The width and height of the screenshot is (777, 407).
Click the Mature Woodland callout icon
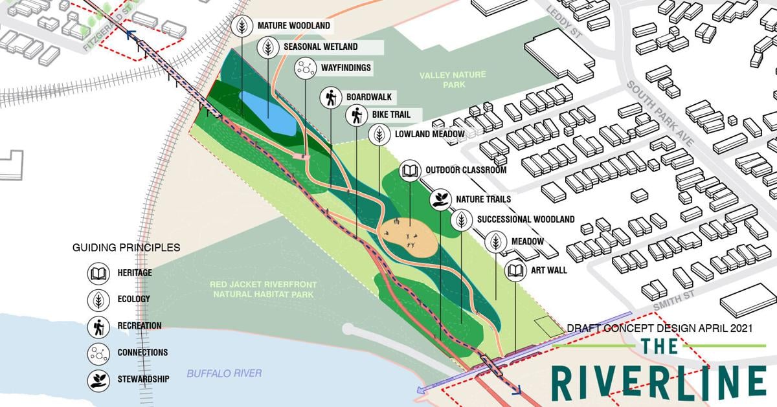click(242, 27)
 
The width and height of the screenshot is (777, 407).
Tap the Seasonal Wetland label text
click(320, 47)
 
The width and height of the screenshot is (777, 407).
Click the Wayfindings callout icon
click(305, 67)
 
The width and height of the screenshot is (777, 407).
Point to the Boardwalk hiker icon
click(331, 98)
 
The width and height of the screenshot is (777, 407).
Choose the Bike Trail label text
click(391, 115)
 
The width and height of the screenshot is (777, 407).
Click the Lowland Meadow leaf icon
click(379, 135)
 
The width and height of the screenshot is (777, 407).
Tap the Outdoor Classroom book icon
click(411, 171)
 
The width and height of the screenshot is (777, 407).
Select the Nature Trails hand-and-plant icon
click(441, 199)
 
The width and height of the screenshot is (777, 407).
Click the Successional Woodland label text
click(526, 219)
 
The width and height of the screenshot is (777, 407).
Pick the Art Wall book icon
click(515, 270)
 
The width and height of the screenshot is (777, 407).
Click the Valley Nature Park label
click(453, 80)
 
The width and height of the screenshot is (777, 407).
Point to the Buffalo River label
click(224, 373)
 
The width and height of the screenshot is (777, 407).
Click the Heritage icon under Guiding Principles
click(98, 273)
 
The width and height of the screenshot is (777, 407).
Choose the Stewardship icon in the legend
click(98, 379)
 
